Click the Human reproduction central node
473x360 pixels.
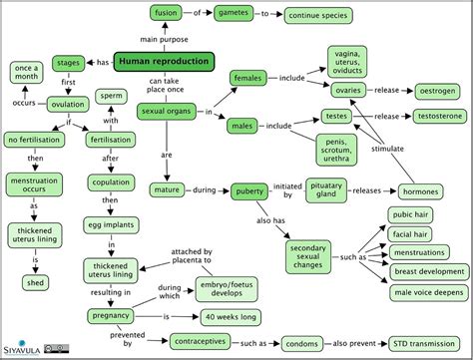pos(164,62)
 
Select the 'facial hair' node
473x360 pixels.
pos(410,233)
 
